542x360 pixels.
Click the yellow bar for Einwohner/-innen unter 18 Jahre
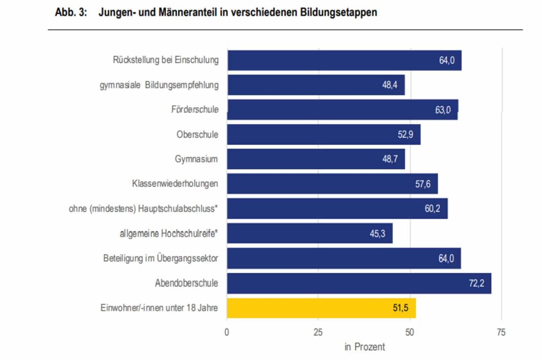click(321, 307)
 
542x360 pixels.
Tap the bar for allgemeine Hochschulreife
click(309, 233)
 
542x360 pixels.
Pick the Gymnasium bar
click(316, 159)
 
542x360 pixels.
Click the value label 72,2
click(476, 283)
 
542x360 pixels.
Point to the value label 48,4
click(390, 85)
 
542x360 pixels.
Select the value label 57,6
click(422, 184)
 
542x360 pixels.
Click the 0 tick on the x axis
click(227, 332)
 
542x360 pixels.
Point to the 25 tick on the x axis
click(318, 332)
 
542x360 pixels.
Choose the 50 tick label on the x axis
click(410, 332)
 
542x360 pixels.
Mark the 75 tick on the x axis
click(501, 332)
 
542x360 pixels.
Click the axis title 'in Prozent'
click(365, 347)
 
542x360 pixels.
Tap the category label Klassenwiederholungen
click(175, 184)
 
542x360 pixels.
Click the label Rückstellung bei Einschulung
click(166, 60)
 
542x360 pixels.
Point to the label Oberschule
click(197, 134)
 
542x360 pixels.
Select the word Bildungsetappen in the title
click(337, 13)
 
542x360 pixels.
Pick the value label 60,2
click(433, 209)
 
